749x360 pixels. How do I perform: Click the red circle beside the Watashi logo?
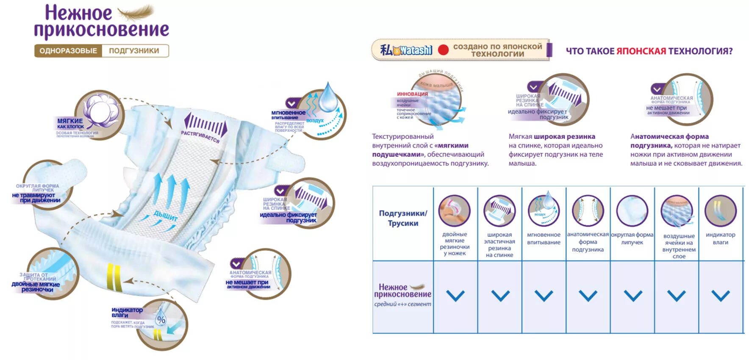(443, 50)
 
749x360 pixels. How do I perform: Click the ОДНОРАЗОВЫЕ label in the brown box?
(68, 51)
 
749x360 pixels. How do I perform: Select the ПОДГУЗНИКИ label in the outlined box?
(134, 51)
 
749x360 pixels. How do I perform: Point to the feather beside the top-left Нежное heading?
(136, 12)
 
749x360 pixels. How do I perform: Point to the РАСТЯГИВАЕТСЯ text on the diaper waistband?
(200, 136)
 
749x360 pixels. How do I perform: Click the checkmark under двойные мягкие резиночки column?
(455, 295)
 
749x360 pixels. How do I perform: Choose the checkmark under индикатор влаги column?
(720, 295)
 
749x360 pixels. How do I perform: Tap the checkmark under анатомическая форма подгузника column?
(588, 295)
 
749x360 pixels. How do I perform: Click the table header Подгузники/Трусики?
(403, 218)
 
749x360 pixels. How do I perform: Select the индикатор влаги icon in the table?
(720, 211)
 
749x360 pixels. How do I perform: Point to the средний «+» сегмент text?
(402, 304)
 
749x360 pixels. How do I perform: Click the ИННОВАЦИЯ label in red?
(412, 94)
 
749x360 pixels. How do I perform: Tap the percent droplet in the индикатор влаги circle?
(161, 319)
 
